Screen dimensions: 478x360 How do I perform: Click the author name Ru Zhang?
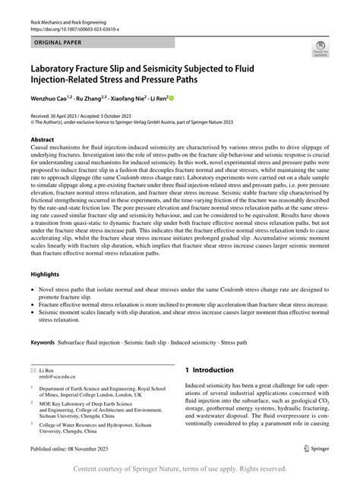[x=90, y=97]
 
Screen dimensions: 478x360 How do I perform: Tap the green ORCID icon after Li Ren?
[x=171, y=97]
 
